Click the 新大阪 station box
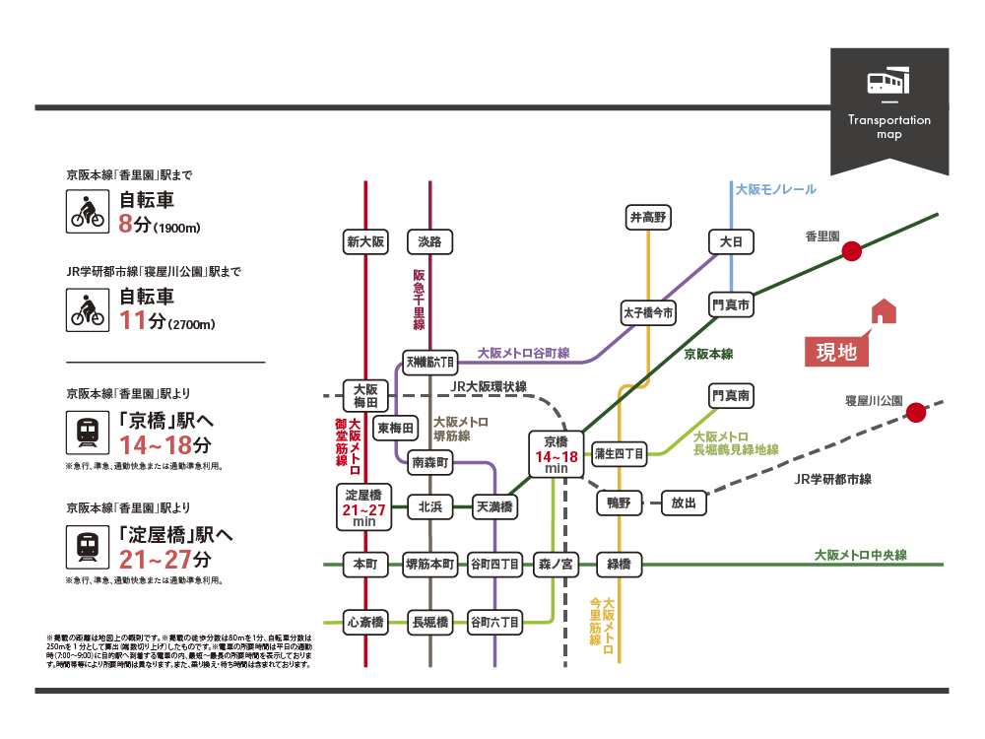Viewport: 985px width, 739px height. [x=366, y=241]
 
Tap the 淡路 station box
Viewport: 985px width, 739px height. [x=429, y=241]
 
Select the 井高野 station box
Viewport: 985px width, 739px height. [x=648, y=217]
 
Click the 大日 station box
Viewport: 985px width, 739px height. [x=731, y=241]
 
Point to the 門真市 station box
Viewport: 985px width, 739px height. [x=731, y=305]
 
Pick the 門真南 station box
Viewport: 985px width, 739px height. [x=731, y=396]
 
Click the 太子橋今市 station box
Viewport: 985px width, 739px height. [x=648, y=313]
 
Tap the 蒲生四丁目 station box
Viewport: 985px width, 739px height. [x=620, y=454]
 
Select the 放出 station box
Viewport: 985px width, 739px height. [x=684, y=503]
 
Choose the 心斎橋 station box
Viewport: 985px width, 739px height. [x=366, y=622]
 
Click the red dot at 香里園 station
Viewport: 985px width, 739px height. [x=852, y=251]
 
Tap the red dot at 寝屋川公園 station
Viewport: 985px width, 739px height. [x=916, y=413]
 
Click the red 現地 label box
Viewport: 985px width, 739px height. [x=837, y=352]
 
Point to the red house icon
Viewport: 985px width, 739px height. [x=884, y=311]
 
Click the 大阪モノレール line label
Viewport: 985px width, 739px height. [x=776, y=188]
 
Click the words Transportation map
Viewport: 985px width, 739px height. [x=889, y=126]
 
